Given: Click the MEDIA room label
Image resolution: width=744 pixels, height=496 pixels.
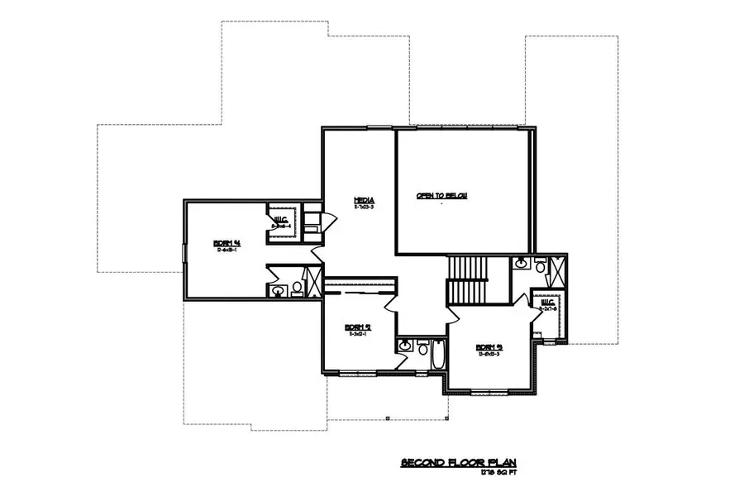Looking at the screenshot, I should (x=365, y=200).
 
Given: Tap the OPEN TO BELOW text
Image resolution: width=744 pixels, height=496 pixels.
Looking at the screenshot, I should (x=441, y=195).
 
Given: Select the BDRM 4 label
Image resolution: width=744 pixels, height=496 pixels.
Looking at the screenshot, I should (x=226, y=242).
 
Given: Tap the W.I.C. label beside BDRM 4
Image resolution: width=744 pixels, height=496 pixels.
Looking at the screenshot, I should (x=281, y=217).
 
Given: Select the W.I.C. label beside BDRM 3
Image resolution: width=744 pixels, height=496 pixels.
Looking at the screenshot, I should (x=547, y=303).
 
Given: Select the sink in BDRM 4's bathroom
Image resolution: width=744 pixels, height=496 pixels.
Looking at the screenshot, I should (x=278, y=289).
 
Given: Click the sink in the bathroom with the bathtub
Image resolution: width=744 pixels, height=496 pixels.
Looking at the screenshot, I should (x=404, y=346).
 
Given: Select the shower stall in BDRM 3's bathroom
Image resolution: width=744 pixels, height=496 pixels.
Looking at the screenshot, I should (x=556, y=269).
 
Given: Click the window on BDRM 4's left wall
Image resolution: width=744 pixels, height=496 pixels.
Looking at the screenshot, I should (x=184, y=255).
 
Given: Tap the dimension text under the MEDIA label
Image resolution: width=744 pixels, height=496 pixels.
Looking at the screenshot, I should (x=365, y=207).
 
